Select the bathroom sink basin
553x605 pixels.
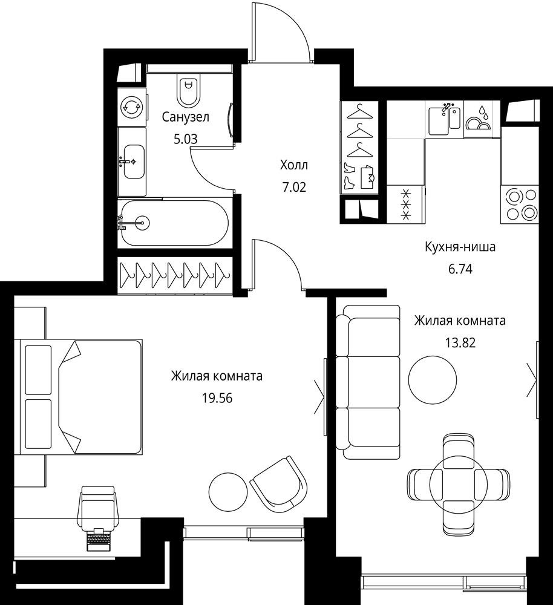(134, 162)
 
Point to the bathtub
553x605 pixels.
(174, 223)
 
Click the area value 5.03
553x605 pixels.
(186, 139)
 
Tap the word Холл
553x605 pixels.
(294, 165)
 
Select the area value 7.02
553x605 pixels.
(294, 188)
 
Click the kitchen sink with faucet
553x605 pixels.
(445, 118)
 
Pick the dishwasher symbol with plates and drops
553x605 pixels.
(478, 118)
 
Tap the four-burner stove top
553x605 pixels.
(519, 204)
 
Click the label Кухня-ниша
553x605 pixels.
(460, 247)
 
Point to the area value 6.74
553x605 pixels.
(460, 269)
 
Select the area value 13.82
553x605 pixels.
(460, 342)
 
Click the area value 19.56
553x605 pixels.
(217, 398)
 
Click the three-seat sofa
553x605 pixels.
(368, 382)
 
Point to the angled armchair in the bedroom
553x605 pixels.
(278, 485)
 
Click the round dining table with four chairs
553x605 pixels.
(459, 484)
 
